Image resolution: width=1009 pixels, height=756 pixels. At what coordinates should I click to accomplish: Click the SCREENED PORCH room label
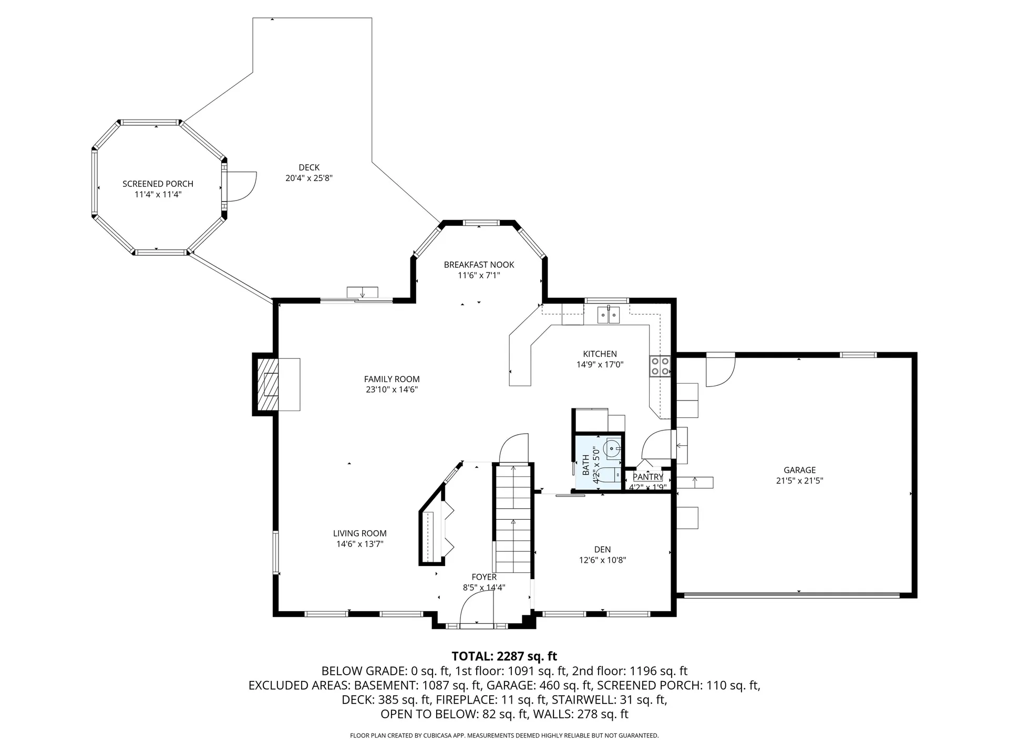point(158,184)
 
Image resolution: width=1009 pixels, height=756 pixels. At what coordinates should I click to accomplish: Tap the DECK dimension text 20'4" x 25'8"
point(309,178)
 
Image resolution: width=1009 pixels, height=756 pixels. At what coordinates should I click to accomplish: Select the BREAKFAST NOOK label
point(479,265)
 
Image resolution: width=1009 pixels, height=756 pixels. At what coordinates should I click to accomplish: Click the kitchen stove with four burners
point(661,366)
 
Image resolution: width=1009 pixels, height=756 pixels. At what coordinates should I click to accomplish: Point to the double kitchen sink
point(609,315)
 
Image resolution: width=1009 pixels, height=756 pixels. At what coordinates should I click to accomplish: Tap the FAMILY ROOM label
point(392,379)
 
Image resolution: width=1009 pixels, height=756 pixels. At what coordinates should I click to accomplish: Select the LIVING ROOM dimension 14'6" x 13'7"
point(360,544)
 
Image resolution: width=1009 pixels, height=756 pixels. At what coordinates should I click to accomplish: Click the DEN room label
point(602,550)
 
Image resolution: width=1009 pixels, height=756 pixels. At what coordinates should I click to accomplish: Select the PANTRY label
point(647,477)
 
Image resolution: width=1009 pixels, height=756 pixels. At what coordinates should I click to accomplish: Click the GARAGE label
point(799,470)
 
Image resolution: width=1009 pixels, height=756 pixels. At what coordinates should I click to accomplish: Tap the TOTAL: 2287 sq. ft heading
point(504,656)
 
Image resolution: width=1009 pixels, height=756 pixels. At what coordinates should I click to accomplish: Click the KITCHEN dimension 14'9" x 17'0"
point(600,364)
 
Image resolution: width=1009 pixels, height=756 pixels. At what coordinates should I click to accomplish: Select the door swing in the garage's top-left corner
point(718,371)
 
